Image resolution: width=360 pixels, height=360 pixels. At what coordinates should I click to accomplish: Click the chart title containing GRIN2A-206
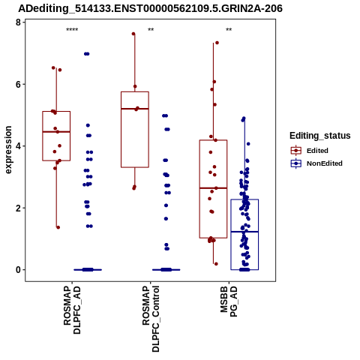(x=150, y=8)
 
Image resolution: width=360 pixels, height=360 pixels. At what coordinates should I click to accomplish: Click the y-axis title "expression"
(x=8, y=150)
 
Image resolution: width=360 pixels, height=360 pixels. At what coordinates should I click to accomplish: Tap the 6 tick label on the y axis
(x=18, y=84)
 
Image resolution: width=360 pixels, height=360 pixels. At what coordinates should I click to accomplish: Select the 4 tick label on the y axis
(x=18, y=146)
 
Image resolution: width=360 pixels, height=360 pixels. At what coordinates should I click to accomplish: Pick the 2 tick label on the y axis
(x=18, y=208)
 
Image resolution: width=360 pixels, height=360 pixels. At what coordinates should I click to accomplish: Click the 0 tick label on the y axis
(x=18, y=270)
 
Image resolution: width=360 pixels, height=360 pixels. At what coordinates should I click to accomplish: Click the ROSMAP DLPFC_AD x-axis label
(x=72, y=310)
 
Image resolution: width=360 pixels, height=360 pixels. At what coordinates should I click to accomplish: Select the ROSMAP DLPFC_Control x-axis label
(x=151, y=319)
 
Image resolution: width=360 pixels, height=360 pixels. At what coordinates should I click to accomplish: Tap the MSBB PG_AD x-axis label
(x=229, y=301)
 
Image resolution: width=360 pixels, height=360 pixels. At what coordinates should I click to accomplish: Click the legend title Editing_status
(x=320, y=136)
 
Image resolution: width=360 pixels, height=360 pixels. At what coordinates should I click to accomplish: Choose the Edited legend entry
(x=310, y=151)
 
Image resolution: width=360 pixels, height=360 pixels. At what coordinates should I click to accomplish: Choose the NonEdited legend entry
(x=316, y=163)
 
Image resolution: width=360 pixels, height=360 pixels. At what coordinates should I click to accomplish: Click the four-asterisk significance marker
(x=72, y=30)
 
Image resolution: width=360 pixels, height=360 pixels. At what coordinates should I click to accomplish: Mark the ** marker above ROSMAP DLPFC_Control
(x=151, y=30)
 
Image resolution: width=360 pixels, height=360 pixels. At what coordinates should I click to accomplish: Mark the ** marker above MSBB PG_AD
(x=229, y=30)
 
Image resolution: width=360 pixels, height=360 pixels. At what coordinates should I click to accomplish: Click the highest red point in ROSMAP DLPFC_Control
(x=133, y=34)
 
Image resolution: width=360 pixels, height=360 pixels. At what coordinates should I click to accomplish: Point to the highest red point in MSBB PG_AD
(x=217, y=43)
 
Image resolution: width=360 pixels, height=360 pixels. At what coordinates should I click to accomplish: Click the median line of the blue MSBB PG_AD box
(x=244, y=232)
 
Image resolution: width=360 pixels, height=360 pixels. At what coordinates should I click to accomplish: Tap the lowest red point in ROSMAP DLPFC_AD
(x=58, y=227)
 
